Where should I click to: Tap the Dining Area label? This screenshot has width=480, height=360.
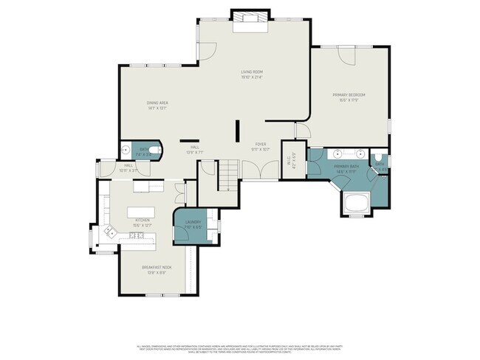click(157, 105)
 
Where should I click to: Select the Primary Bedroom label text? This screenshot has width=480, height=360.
click(349, 95)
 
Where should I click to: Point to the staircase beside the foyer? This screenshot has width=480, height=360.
click(228, 176)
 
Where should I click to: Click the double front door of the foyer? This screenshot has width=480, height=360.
click(259, 172)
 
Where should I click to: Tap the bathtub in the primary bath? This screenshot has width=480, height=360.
click(355, 202)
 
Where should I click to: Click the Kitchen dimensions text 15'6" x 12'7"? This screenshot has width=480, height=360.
click(143, 224)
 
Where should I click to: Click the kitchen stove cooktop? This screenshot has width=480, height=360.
click(136, 235)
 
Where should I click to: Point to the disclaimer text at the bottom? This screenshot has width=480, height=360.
click(240, 347)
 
